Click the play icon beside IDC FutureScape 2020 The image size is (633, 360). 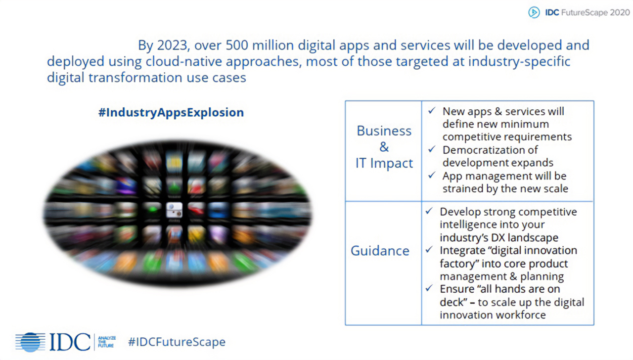pyautogui.click(x=534, y=13)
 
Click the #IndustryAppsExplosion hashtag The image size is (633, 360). pyautogui.click(x=171, y=112)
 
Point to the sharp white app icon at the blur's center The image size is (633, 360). pyautogui.click(x=174, y=210)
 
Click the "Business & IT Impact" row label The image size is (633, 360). pyautogui.click(x=384, y=147)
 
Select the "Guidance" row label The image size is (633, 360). pyautogui.click(x=380, y=251)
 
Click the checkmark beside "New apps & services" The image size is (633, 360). pyautogui.click(x=432, y=111)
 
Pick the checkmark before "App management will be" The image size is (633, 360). pyautogui.click(x=432, y=176)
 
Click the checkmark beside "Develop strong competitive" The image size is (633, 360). pyautogui.click(x=429, y=211)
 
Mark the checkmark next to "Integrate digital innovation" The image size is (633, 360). pyautogui.click(x=429, y=250)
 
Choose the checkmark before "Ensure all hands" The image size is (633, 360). pyautogui.click(x=429, y=288)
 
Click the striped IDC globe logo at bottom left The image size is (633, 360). pyautogui.click(x=30, y=342)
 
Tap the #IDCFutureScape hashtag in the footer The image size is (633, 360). pyautogui.click(x=177, y=342)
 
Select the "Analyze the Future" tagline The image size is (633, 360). pyautogui.click(x=106, y=342)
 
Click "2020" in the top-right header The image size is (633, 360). pyautogui.click(x=620, y=13)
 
